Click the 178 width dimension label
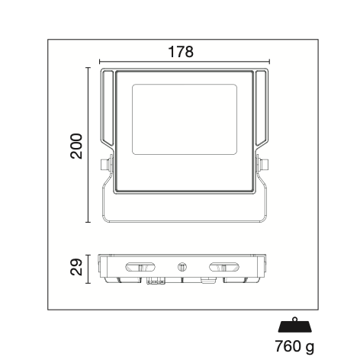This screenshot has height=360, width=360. pyautogui.click(x=181, y=52)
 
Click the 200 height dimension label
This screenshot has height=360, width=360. pyautogui.click(x=76, y=146)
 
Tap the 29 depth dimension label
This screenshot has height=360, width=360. pyautogui.click(x=76, y=267)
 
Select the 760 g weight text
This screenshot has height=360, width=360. pyautogui.click(x=294, y=346)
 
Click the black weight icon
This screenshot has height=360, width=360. pyautogui.click(x=295, y=325)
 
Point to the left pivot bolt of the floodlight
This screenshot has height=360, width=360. pyautogui.click(x=106, y=164)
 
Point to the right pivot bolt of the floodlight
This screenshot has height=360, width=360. pyautogui.click(x=262, y=164)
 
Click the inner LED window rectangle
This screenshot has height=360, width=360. pyautogui.click(x=185, y=120)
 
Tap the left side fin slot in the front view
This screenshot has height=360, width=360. pyautogui.click(x=108, y=108)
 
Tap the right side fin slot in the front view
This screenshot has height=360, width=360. pyautogui.click(x=262, y=108)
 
